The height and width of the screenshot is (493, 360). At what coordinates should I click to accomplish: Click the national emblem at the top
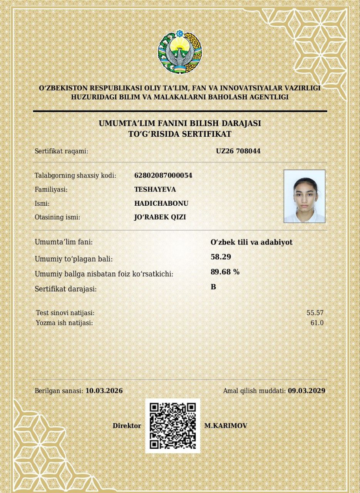pos(180,52)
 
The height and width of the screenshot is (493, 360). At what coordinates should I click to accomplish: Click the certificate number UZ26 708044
pos(238,151)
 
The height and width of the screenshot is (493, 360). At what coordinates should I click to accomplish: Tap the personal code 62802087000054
pos(163,176)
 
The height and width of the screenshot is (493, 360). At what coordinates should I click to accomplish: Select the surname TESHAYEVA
pos(155,189)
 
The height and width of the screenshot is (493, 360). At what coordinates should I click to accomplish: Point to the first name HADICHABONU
pos(161,203)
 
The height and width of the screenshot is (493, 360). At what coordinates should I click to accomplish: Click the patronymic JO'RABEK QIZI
pos(160,217)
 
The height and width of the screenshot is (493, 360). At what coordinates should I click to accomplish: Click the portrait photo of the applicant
pos(305,196)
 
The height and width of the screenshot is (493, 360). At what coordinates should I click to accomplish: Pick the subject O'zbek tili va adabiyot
pos(251,242)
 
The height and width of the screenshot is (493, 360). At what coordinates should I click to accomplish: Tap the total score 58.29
pos(221,257)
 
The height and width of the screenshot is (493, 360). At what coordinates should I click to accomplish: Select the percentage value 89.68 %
pos(225,272)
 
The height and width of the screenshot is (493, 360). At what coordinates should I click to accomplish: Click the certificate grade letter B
pos(213,287)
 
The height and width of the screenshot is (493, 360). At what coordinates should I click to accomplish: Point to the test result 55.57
pos(315,313)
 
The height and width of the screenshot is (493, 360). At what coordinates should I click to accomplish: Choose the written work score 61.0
pos(317,323)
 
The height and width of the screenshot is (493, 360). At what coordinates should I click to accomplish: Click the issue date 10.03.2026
pos(104,391)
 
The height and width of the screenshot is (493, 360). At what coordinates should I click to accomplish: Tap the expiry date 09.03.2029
pos(306,391)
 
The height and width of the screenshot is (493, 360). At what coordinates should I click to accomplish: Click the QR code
pos(172,426)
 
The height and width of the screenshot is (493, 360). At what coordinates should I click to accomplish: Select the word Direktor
pos(127,426)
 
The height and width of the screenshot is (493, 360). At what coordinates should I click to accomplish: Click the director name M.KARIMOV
pos(226,426)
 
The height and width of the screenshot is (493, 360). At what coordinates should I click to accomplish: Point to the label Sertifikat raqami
pos(62,151)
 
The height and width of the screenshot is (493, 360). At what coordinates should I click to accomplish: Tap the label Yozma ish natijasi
pos(64,323)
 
